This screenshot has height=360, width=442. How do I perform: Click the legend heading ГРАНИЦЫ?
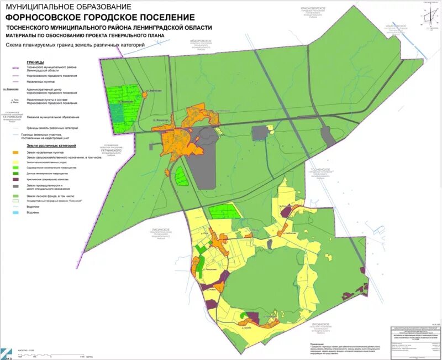point(35,62)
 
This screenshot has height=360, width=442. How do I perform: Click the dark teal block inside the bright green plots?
point(117,113)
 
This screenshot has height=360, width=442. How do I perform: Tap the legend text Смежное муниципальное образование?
point(55,117)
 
